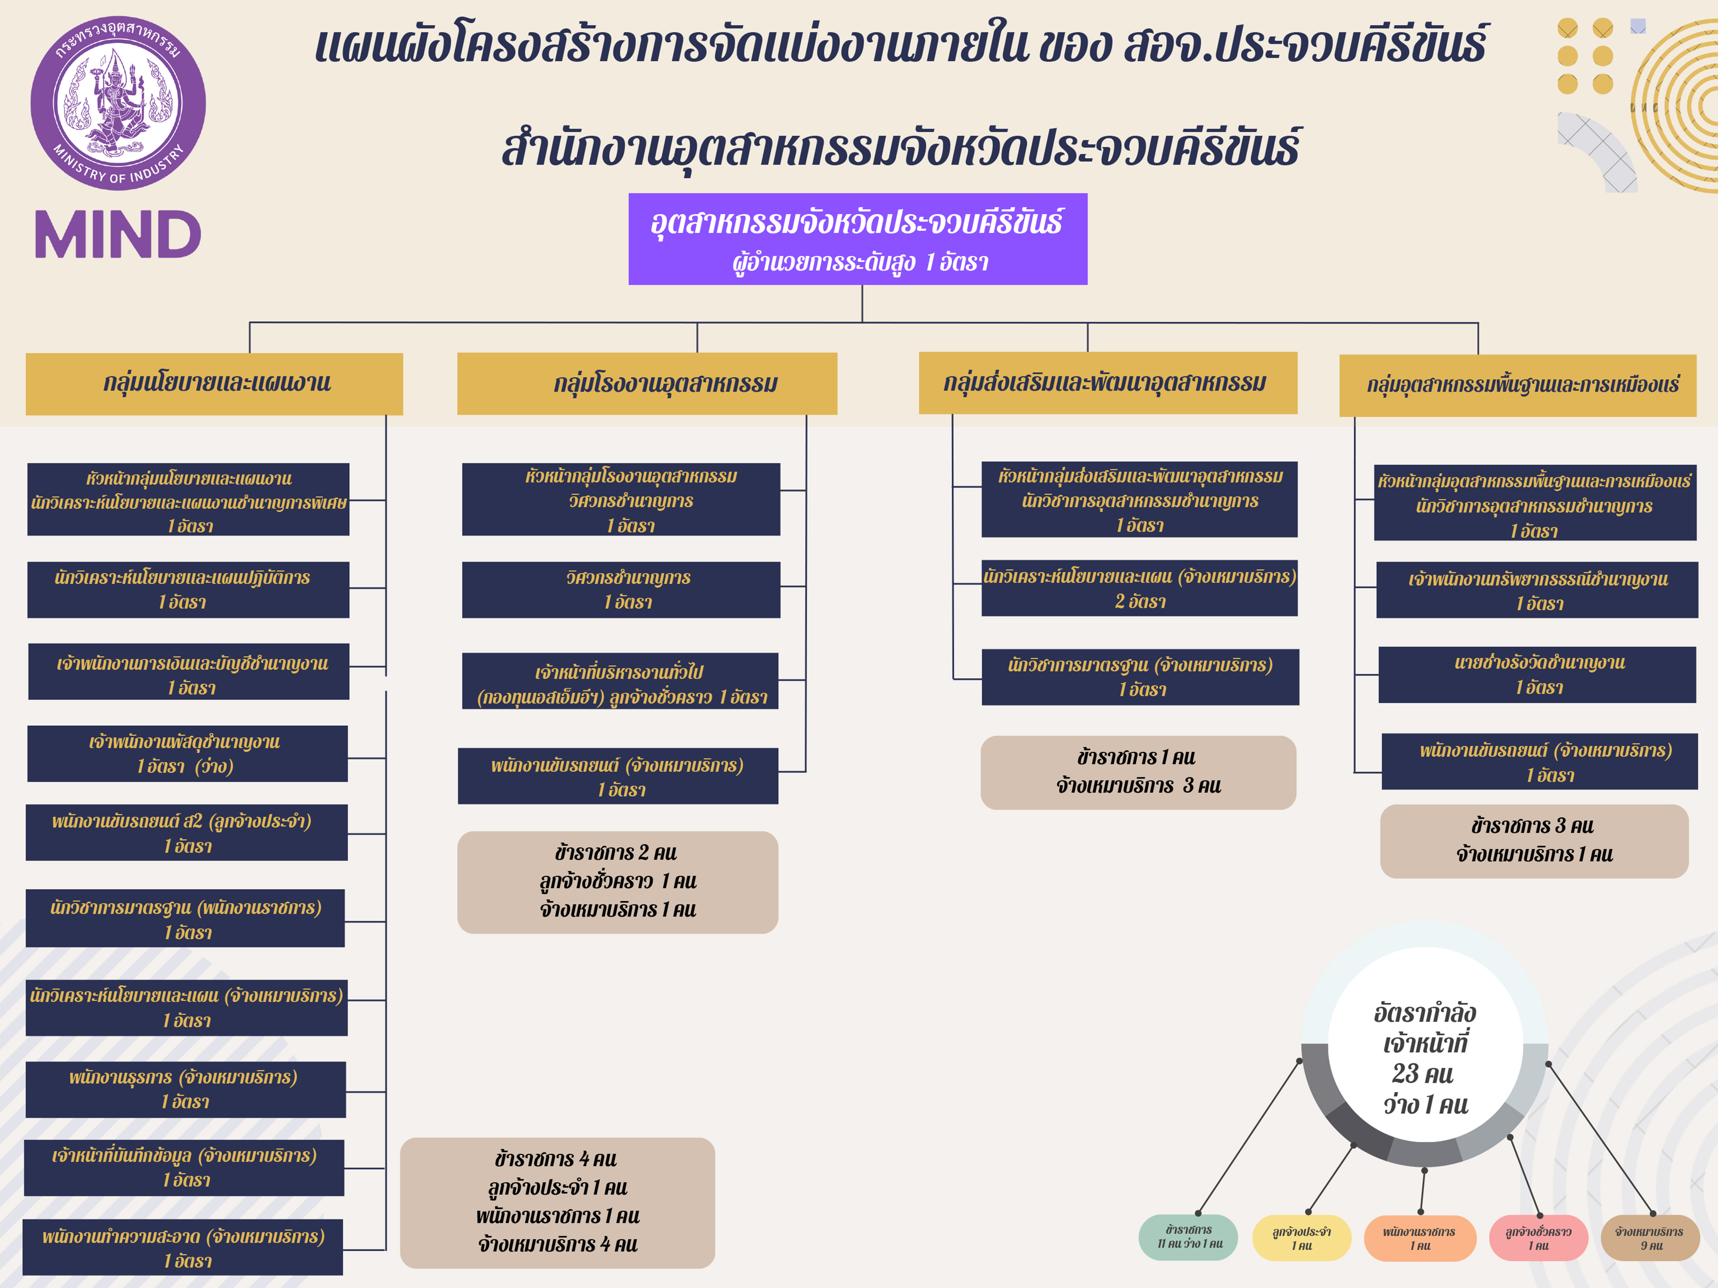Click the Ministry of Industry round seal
pos(118,103)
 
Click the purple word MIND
pos(118,234)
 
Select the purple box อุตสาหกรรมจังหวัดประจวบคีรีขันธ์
pos(858,239)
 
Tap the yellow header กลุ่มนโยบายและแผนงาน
pos(214,384)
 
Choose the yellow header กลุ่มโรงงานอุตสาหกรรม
pos(647,384)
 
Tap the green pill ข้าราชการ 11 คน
pos(1188,1237)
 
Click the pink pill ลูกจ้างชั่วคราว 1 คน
pos(1538,1238)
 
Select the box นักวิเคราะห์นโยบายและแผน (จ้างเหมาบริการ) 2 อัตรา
pos(1139,588)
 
